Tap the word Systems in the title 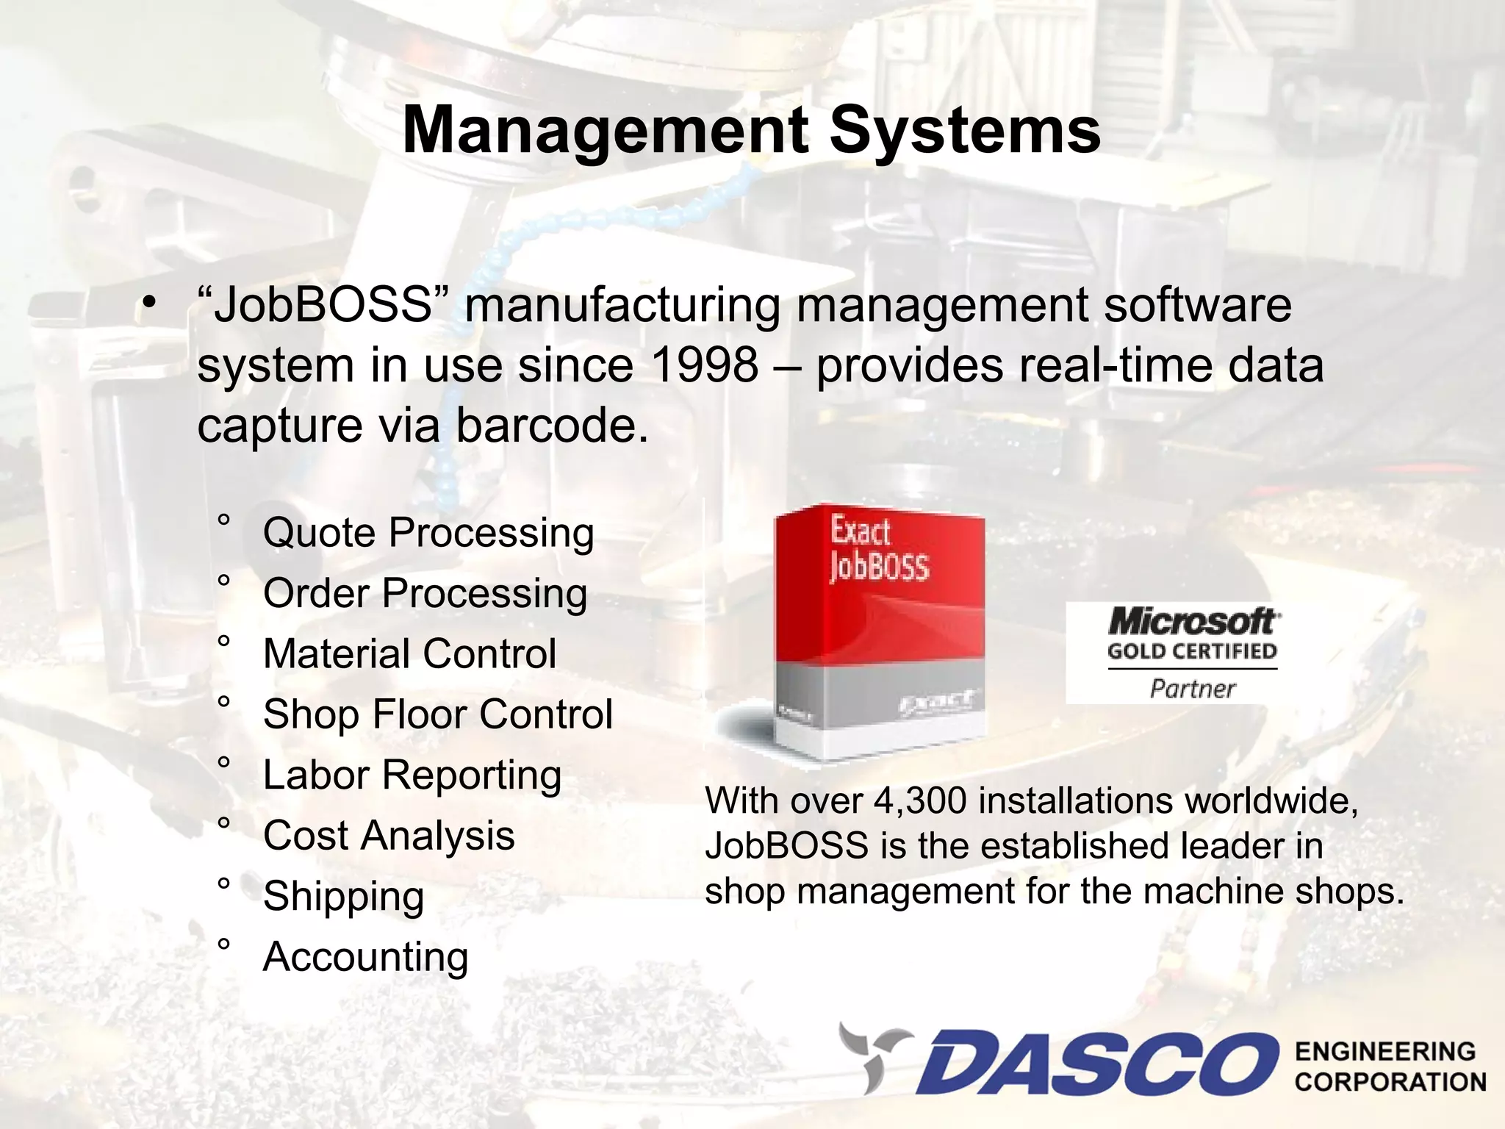(x=964, y=131)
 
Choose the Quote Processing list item (x=428, y=533)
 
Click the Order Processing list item (x=425, y=593)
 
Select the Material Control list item (x=409, y=653)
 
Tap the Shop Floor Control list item (x=437, y=714)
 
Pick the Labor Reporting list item (x=412, y=775)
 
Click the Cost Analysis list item (x=389, y=836)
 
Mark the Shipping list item (x=343, y=897)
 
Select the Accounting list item (x=365, y=957)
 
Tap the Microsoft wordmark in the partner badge (x=1193, y=622)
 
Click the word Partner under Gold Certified (x=1193, y=689)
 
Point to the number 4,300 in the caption (x=919, y=800)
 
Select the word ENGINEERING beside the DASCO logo (x=1384, y=1051)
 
